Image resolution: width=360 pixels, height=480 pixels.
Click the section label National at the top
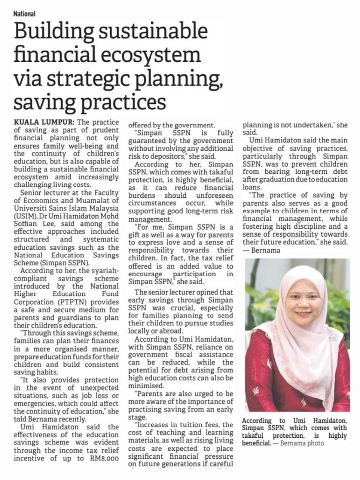(x=24, y=14)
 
